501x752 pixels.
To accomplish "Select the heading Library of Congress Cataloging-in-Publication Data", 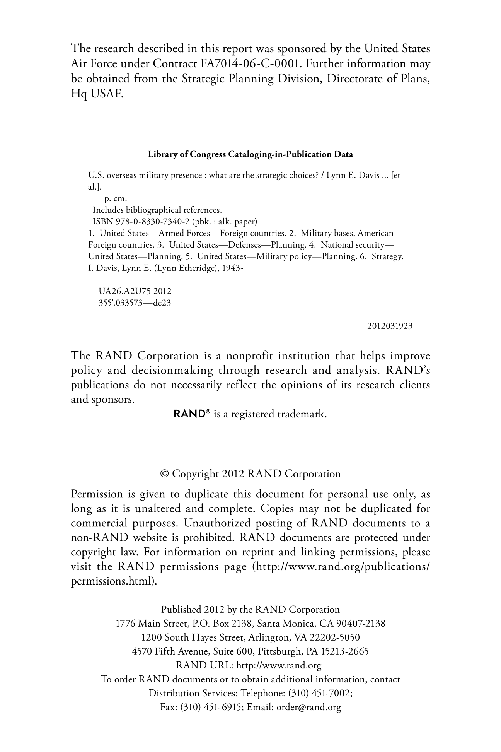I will (250, 154).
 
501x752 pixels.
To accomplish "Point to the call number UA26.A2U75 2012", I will (135, 291).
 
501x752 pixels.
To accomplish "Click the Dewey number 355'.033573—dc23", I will (135, 303).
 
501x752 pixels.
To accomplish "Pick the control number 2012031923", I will (390, 326).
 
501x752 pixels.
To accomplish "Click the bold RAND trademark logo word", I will (189, 414).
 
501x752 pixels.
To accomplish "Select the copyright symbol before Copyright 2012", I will (164, 474).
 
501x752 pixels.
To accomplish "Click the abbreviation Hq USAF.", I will (97, 93).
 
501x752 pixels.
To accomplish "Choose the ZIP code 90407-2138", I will (361, 624).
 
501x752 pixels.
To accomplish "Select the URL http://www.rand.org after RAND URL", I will (279, 665).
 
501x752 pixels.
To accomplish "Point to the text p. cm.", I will (116, 199).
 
